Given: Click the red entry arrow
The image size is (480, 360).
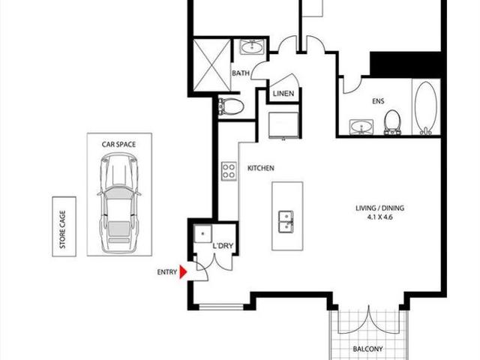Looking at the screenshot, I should point(182,273).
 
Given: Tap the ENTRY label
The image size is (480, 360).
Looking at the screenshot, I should point(166,273).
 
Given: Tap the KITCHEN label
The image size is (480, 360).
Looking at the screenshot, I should point(260,169).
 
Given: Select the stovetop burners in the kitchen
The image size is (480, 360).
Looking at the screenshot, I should point(229,171).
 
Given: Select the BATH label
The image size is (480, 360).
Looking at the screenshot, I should point(241,73).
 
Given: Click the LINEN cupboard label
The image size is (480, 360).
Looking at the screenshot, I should point(283,94).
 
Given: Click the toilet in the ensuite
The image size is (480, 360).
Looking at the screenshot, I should point(391,121).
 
